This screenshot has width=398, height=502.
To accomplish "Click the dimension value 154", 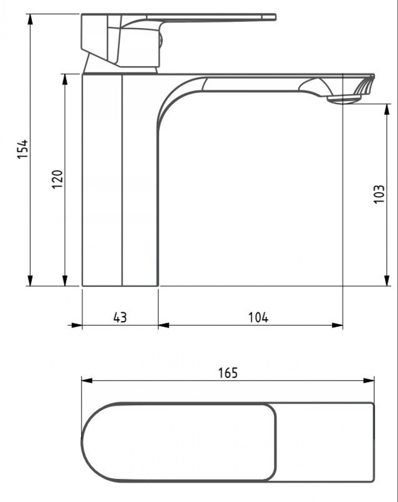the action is click(x=23, y=149).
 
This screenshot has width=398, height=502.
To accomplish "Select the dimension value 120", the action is click(x=57, y=179).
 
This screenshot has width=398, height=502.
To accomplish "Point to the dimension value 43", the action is click(x=120, y=318).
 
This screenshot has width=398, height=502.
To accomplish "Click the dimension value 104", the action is click(x=258, y=318).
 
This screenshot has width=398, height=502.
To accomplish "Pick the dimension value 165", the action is click(x=228, y=373).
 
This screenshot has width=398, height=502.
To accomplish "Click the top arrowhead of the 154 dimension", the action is click(x=30, y=19).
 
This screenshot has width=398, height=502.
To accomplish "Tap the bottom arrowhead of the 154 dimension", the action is click(x=30, y=280).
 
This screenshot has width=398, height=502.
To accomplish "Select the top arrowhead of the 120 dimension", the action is click(x=65, y=79).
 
